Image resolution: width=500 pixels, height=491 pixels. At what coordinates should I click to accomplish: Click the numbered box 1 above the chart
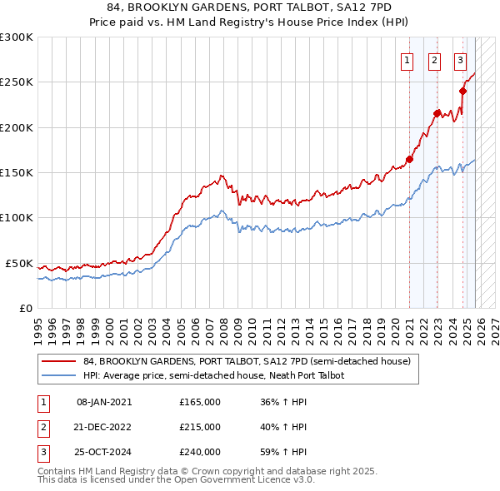pyautogui.click(x=407, y=60)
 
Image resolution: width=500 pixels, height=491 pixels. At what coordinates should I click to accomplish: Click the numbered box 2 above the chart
pyautogui.click(x=435, y=60)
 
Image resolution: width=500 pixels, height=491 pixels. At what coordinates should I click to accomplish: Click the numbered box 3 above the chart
pyautogui.click(x=460, y=60)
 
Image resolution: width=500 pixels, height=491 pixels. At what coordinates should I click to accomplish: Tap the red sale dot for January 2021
pyautogui.click(x=409, y=159)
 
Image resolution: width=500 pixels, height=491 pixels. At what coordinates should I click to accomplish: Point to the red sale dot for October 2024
pyautogui.click(x=462, y=92)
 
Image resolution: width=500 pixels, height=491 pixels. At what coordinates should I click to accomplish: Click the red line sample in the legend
pyautogui.click(x=57, y=362)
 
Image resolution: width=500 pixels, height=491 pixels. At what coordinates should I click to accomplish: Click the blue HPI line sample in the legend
pyautogui.click(x=57, y=376)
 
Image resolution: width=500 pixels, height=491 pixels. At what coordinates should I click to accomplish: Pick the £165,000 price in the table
pyautogui.click(x=200, y=401)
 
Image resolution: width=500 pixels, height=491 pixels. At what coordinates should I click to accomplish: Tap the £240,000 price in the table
pyautogui.click(x=200, y=453)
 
